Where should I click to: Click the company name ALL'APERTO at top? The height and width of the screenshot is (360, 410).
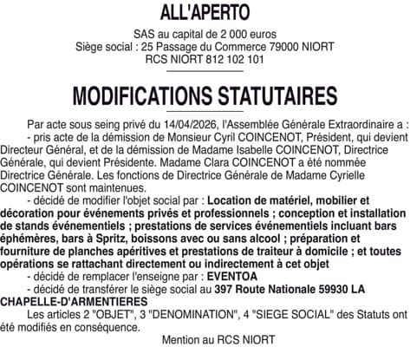tap(205, 13)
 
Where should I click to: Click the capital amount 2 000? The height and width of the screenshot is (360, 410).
tap(227, 34)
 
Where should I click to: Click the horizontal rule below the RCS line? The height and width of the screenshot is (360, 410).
tap(205, 72)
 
